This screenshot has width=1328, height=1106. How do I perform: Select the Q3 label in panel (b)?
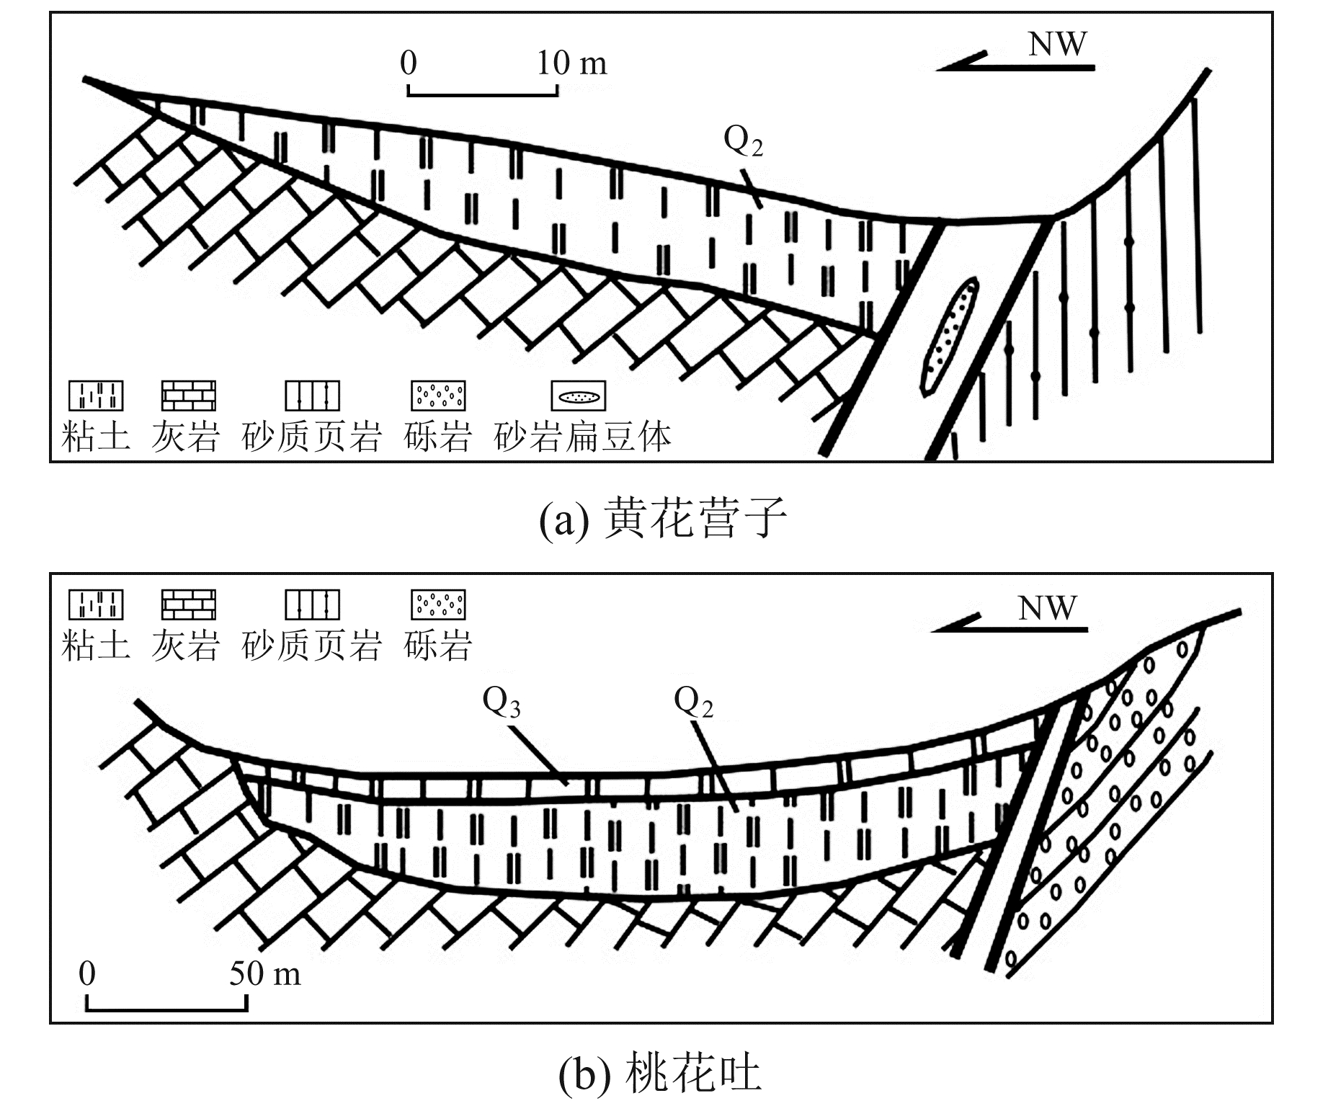pyautogui.click(x=502, y=703)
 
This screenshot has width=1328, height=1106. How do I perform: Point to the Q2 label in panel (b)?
pyautogui.click(x=693, y=703)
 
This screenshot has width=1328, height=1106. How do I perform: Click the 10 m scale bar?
pyautogui.click(x=482, y=91)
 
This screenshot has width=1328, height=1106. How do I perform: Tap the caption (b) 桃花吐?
pyautogui.click(x=660, y=1074)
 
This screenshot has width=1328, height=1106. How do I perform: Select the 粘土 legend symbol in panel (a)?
pyautogui.click(x=96, y=396)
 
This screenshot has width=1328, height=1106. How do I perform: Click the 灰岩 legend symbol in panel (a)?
pyautogui.click(x=188, y=396)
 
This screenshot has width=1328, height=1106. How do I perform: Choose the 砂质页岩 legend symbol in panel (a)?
pyautogui.click(x=312, y=396)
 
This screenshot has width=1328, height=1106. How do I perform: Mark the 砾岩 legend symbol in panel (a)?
pyautogui.click(x=438, y=396)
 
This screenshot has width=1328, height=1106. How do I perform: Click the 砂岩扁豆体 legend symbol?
pyautogui.click(x=579, y=396)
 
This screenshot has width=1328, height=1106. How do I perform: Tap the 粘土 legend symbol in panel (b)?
pyautogui.click(x=96, y=605)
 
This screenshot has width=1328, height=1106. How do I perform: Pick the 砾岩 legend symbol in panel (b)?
pyautogui.click(x=438, y=605)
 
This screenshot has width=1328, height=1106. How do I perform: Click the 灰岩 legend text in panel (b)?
pyautogui.click(x=185, y=645)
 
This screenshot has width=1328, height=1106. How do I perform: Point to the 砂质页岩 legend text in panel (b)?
pyautogui.click(x=311, y=645)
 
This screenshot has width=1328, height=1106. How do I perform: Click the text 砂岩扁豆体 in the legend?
pyautogui.click(x=583, y=437)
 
